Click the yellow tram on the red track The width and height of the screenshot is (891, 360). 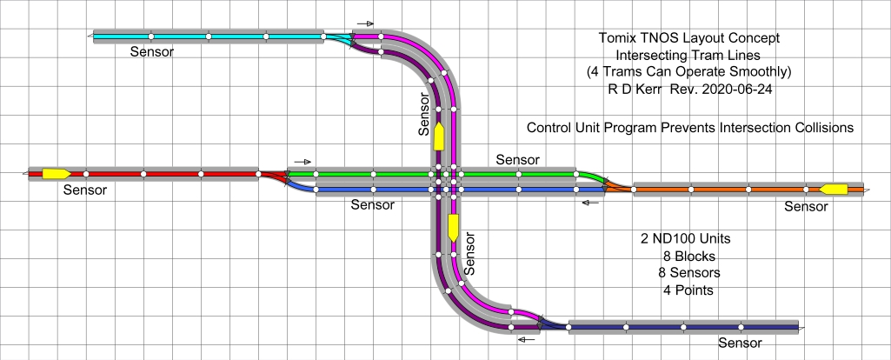click(57, 173)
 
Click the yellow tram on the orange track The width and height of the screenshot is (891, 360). click(834, 189)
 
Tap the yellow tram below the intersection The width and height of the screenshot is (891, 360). click(453, 228)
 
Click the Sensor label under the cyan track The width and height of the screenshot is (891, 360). click(152, 51)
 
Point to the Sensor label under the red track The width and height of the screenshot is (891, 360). click(85, 190)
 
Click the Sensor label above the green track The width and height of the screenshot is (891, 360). click(517, 160)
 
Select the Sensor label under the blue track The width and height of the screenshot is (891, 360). click(372, 205)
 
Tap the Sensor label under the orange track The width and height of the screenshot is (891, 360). click(806, 206)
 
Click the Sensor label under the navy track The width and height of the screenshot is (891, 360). click(740, 343)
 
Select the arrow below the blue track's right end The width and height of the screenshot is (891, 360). click(591, 203)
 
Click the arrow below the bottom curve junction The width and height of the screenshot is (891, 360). click(527, 339)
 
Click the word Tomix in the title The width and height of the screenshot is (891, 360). click(616, 38)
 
